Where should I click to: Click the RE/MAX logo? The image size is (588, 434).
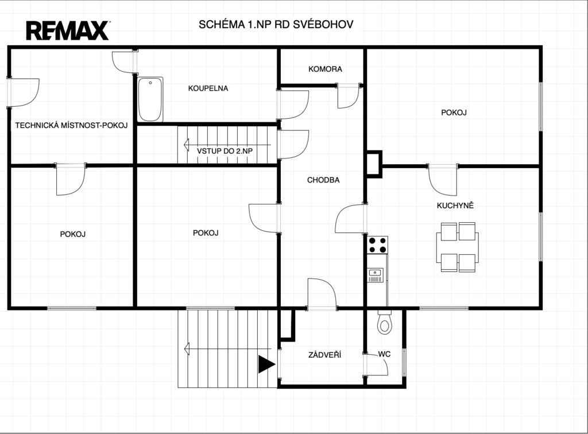click(x=68, y=31)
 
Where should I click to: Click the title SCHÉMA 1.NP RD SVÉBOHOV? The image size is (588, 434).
click(x=276, y=24)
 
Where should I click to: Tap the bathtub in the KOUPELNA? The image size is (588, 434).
click(x=150, y=99)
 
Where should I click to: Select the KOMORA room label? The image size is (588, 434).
click(x=325, y=69)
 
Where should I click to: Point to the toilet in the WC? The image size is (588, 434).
click(x=384, y=322)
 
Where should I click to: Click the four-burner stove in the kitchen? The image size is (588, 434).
click(x=377, y=245)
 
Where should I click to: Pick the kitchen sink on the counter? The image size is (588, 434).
click(x=376, y=275)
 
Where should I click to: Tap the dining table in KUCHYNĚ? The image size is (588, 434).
click(x=458, y=247)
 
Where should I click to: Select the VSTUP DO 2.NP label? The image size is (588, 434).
click(x=225, y=151)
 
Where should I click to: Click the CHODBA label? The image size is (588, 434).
click(x=323, y=180)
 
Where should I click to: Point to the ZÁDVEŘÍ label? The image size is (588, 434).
click(x=325, y=355)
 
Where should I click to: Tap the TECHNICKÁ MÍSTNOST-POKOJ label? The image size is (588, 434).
click(x=71, y=125)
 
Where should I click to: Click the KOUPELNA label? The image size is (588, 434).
click(x=208, y=88)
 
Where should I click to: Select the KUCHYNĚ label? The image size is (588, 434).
click(x=455, y=206)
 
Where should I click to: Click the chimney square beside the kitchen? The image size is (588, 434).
click(x=374, y=164)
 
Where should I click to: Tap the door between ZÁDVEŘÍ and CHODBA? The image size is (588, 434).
click(x=322, y=294)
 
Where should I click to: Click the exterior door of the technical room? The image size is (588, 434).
click(x=23, y=92)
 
